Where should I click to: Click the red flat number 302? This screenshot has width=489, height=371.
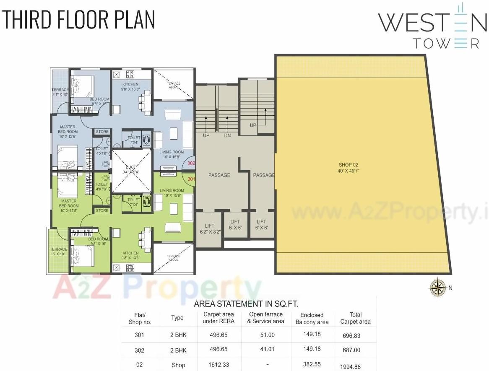coord(191,163)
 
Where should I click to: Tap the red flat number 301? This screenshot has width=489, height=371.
coord(191,179)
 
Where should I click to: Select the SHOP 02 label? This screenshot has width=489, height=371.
coord(349,168)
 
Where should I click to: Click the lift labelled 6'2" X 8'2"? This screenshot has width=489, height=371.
coord(209,228)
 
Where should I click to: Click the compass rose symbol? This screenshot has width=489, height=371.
coord(437,287)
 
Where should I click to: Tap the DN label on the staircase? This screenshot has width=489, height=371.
coord(227,136)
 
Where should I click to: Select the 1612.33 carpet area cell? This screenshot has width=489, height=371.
coord(218,365)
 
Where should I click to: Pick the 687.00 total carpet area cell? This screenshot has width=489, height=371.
coord(351,350)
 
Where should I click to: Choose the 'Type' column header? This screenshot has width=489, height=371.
coord(177,318)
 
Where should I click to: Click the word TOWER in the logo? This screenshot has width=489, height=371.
coord(446,44)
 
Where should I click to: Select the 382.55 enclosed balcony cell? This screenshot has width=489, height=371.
coord(312,365)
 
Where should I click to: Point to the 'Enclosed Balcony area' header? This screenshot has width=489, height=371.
coord(312,318)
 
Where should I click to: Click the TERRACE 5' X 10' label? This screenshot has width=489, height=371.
coord(59,252)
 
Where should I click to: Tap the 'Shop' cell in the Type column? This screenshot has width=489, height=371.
coord(178,365)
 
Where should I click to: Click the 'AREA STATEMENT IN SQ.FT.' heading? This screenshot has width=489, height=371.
coord(246,304)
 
